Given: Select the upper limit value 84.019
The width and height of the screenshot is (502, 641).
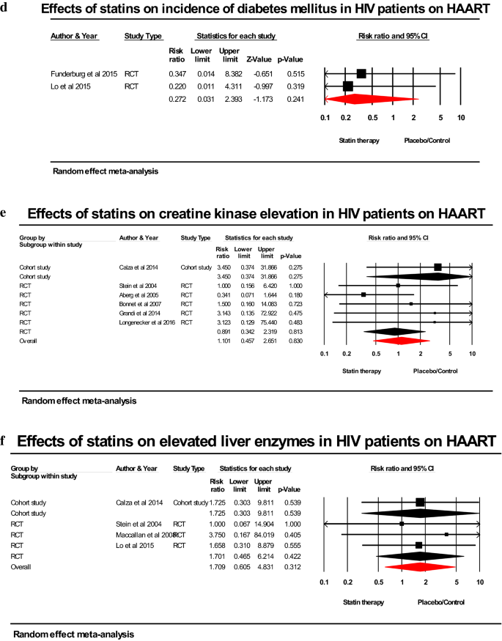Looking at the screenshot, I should coord(265,535).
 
